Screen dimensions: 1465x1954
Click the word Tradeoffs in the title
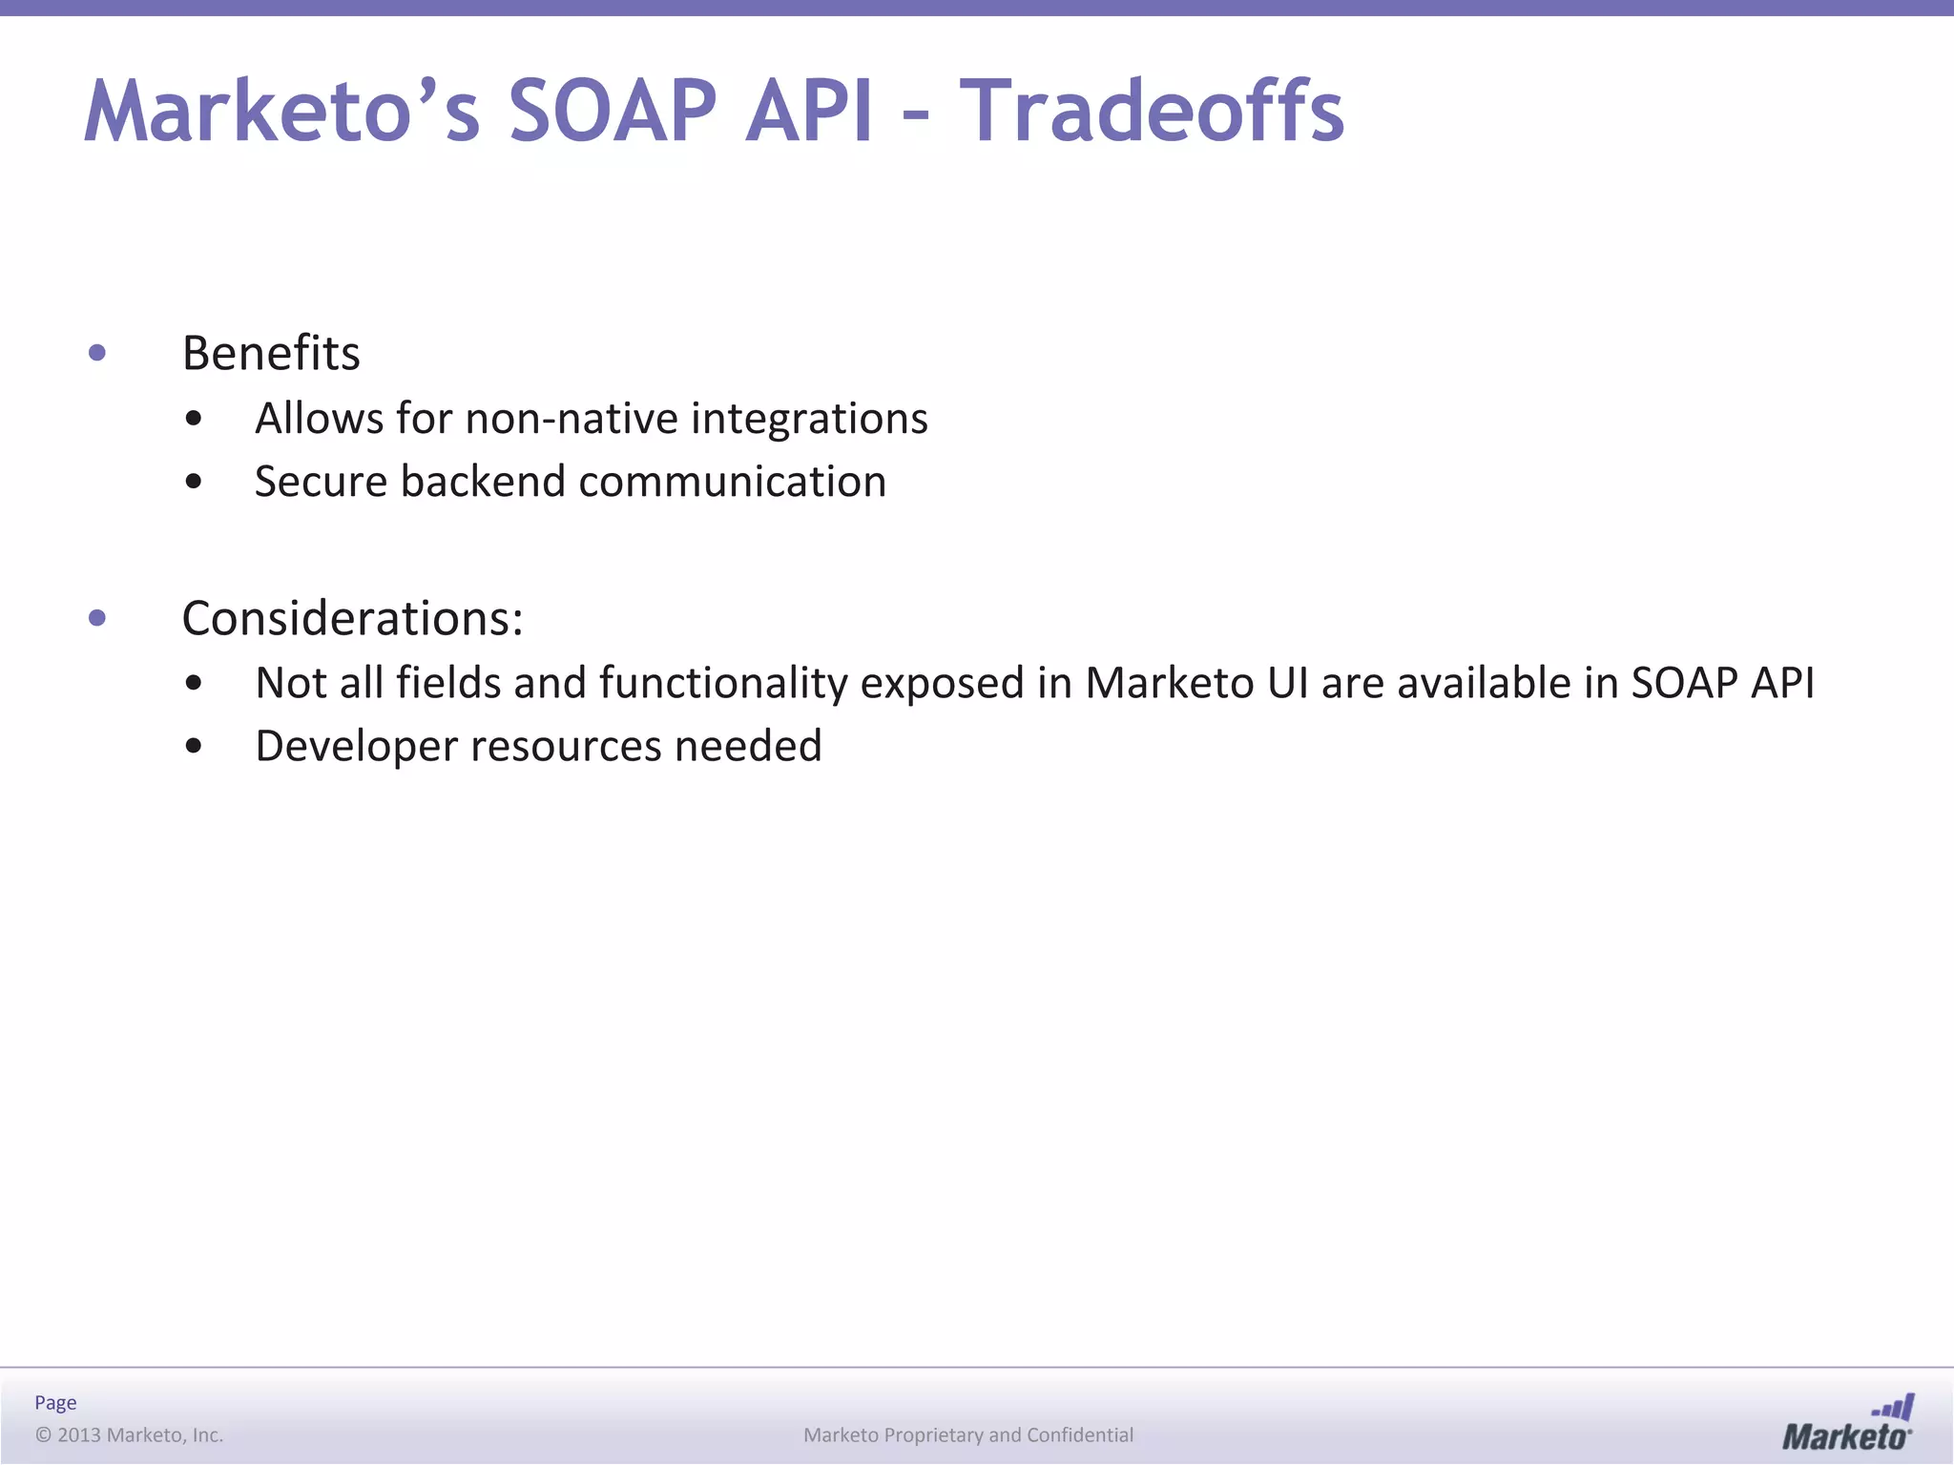click(x=1152, y=112)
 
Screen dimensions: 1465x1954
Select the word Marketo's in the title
click(x=282, y=112)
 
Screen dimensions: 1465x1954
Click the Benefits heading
click(x=271, y=354)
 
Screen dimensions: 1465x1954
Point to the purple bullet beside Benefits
click(x=96, y=354)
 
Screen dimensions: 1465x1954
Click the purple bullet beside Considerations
click(x=96, y=619)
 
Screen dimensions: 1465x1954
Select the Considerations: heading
click(x=352, y=619)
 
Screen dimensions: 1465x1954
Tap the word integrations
click(x=809, y=419)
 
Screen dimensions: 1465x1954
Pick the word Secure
click(x=322, y=482)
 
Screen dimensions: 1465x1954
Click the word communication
click(x=732, y=482)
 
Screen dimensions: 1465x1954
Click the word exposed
click(x=942, y=684)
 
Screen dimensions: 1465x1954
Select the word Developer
click(x=356, y=747)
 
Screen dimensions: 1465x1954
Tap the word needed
click(x=748, y=747)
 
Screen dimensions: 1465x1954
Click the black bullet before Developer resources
click(x=194, y=747)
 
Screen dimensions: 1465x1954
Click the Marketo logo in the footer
click(x=1847, y=1424)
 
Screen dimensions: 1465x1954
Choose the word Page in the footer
click(x=55, y=1403)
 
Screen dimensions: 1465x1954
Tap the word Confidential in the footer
click(x=1080, y=1435)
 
